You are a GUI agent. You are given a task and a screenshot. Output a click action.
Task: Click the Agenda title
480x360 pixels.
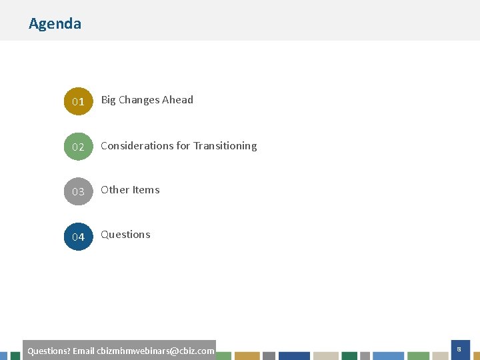pyautogui.click(x=55, y=23)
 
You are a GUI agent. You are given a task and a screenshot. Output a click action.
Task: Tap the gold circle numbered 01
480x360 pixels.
pyautogui.click(x=78, y=101)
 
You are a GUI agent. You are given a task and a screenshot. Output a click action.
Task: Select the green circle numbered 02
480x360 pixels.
pyautogui.click(x=78, y=147)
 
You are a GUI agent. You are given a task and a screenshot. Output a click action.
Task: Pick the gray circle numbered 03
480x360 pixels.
pyautogui.click(x=78, y=191)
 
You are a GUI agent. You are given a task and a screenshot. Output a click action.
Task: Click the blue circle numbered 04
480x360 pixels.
pyautogui.click(x=78, y=237)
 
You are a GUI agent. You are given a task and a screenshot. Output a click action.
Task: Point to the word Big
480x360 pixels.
pyautogui.click(x=108, y=100)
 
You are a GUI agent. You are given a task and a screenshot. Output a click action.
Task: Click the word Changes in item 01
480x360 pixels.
pyautogui.click(x=139, y=100)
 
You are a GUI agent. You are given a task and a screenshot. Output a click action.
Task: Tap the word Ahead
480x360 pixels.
pyautogui.click(x=178, y=100)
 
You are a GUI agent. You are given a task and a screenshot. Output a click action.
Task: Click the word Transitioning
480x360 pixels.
pyautogui.click(x=225, y=145)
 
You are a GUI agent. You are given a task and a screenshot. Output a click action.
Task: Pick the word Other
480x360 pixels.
pyautogui.click(x=115, y=190)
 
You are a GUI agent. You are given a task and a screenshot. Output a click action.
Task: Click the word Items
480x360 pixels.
pyautogui.click(x=146, y=190)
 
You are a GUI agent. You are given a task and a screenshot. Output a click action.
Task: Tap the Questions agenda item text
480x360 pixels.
pyautogui.click(x=125, y=235)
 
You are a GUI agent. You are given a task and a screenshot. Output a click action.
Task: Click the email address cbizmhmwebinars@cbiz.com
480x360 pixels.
pyautogui.click(x=155, y=351)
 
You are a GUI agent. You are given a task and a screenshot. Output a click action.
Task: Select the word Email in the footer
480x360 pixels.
pyautogui.click(x=83, y=351)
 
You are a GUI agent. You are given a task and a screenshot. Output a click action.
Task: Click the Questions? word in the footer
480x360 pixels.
pyautogui.click(x=49, y=351)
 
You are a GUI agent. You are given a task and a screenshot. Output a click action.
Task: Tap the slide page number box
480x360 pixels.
pyautogui.click(x=459, y=349)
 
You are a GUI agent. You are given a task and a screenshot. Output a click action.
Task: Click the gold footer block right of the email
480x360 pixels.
pyautogui.click(x=247, y=356)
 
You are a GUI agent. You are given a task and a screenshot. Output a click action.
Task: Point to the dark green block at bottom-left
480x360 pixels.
pyautogui.click(x=15, y=356)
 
